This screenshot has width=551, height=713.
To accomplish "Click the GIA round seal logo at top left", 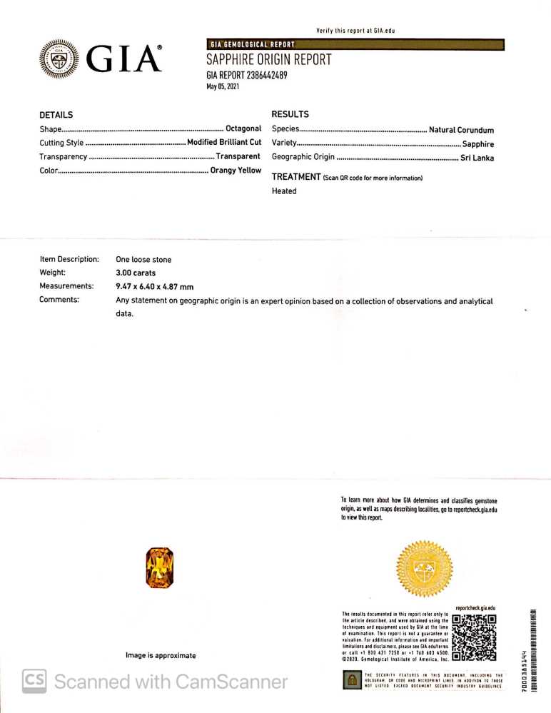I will (59, 59).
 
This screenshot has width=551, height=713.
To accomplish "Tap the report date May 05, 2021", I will (223, 87).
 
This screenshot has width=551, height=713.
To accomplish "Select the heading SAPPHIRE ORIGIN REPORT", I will (268, 60).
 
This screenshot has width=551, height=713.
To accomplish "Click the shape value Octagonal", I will (243, 128).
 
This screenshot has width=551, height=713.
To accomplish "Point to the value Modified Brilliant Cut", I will (224, 142).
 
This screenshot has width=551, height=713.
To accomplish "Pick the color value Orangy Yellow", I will (236, 171).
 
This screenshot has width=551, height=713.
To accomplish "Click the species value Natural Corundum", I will (461, 130).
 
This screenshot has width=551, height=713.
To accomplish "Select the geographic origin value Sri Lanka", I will (477, 158).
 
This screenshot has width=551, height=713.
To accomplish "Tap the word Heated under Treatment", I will (284, 191).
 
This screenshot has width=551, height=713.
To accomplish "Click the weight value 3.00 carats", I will (136, 273).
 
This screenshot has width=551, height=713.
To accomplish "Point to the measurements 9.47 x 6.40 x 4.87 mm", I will (155, 286).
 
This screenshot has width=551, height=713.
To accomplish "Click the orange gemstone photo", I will (159, 567).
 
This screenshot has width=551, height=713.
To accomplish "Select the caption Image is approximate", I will (161, 655).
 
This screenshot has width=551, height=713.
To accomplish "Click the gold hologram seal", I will (424, 568).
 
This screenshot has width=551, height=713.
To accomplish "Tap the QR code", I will (475, 635).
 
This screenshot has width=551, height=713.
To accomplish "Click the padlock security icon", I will (351, 681).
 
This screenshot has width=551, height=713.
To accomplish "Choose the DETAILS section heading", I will (56, 115).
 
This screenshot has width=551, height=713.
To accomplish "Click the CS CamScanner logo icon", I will (34, 681).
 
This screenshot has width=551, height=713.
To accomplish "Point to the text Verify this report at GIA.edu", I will (355, 31).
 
